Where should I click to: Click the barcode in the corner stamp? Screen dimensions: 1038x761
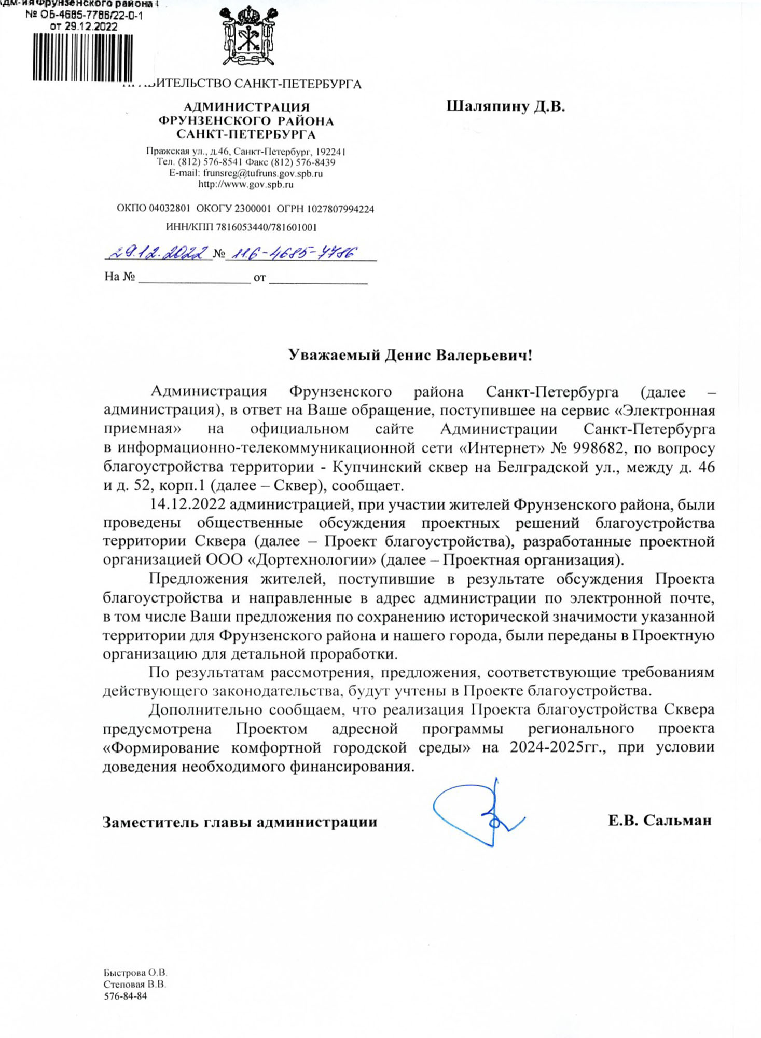point(83,57)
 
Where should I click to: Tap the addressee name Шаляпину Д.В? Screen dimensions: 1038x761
point(505,107)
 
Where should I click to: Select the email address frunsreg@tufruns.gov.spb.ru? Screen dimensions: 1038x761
point(263,173)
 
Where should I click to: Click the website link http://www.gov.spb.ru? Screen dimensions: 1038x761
point(246,184)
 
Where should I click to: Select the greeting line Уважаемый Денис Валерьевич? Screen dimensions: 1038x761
point(410,356)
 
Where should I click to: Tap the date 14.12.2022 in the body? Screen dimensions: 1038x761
point(187,504)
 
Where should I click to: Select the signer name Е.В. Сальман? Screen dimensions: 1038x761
point(659,821)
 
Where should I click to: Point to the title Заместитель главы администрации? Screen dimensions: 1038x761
point(240,822)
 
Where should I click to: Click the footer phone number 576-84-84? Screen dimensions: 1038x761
point(126,996)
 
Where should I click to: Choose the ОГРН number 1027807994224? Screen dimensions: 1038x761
point(340,209)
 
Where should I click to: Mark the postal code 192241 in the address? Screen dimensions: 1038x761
point(330,152)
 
